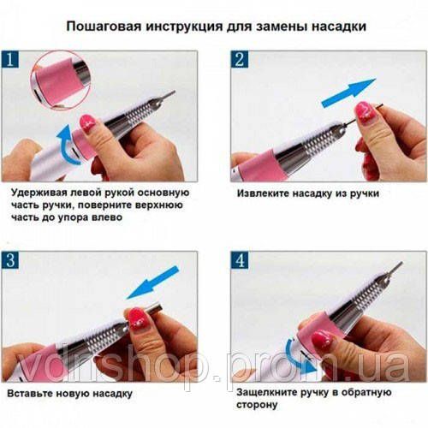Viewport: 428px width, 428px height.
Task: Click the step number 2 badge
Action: coord(240,61)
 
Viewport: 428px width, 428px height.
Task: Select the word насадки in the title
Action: coord(340,27)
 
